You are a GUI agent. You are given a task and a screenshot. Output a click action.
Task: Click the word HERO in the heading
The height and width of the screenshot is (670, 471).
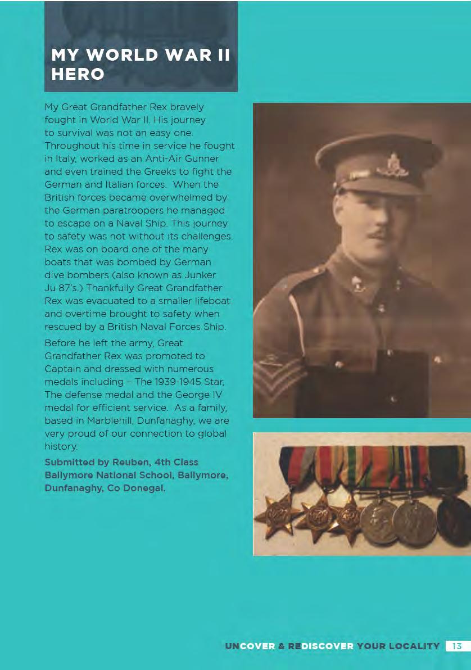(78, 74)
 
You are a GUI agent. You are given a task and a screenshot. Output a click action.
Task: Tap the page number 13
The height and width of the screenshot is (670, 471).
(457, 646)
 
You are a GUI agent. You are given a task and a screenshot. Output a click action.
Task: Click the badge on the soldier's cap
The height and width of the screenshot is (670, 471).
(392, 167)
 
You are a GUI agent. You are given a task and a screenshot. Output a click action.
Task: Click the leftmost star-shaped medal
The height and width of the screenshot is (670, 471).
(277, 514)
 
